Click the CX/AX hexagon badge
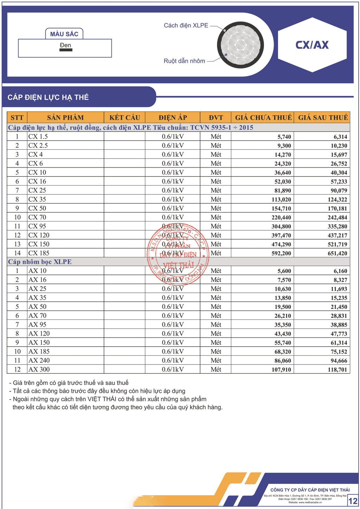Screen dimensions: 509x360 (x=312, y=45)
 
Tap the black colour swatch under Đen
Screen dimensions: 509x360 (x=66, y=50)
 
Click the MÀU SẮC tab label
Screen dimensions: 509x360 (x=64, y=34)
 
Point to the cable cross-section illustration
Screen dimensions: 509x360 (x=240, y=45)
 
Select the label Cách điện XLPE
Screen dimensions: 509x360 (x=186, y=25)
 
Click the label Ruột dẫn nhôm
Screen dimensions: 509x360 (x=184, y=61)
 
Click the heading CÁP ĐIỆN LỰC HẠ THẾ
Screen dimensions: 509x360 (x=48, y=97)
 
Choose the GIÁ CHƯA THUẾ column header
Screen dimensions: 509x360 (x=263, y=117)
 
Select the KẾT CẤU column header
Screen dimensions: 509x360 (x=124, y=117)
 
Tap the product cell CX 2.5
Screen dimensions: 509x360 (x=38, y=146)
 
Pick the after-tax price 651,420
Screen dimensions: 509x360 (x=337, y=253)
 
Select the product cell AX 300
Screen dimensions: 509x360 (x=39, y=369)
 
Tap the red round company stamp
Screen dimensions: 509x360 (x=178, y=253)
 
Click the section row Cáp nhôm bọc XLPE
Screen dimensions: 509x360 (x=40, y=262)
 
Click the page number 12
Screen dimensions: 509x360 (x=353, y=501)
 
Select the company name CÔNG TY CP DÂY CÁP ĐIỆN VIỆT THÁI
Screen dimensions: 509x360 (x=310, y=490)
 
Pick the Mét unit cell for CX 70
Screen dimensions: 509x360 (x=216, y=217)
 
